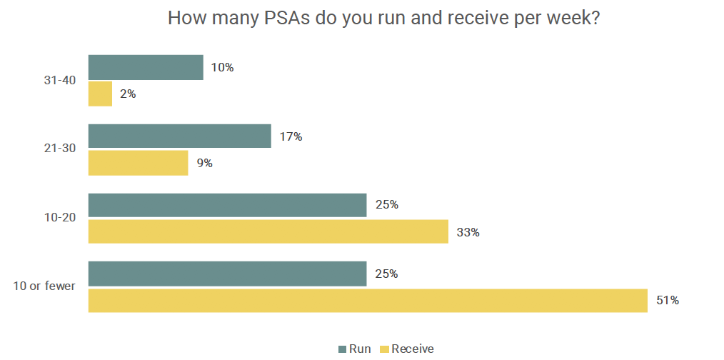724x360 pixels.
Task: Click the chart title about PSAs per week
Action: point(383,19)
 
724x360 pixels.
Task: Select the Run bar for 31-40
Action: point(146,67)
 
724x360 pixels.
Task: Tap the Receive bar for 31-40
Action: point(100,94)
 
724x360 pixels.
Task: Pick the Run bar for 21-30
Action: point(179,136)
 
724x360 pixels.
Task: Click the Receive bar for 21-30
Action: point(138,163)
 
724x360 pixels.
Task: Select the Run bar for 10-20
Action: point(227,205)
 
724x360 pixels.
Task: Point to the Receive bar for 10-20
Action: point(268,231)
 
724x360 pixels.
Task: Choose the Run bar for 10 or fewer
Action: point(227,274)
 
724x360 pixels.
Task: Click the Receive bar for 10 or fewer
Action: point(368,301)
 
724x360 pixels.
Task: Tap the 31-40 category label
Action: point(59,80)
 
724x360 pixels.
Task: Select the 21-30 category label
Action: point(59,149)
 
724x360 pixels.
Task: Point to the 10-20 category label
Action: point(59,218)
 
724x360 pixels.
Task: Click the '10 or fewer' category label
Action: point(44,287)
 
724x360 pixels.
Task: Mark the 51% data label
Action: point(668,301)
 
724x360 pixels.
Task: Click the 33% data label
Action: point(468,231)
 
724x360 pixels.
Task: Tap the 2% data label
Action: point(128,94)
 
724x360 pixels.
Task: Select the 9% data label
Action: point(205,163)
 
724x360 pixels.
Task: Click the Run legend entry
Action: point(354,349)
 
